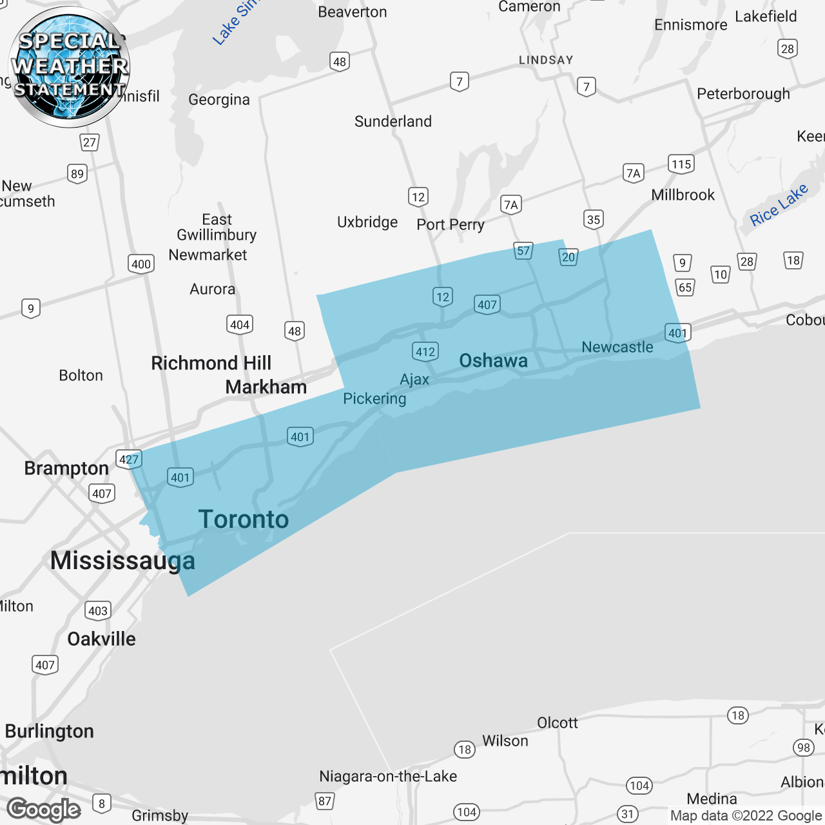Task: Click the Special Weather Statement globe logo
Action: click(x=69, y=66)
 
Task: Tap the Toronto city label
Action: click(x=244, y=519)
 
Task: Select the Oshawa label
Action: click(x=493, y=361)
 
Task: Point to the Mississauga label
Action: click(x=122, y=561)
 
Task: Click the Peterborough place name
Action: click(x=743, y=94)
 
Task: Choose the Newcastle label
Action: click(x=617, y=347)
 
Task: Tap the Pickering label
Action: click(x=374, y=399)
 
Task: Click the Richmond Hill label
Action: click(x=211, y=364)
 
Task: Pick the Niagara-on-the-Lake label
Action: click(x=388, y=777)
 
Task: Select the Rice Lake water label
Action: click(x=779, y=205)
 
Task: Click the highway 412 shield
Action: click(x=425, y=352)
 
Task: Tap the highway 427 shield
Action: click(x=129, y=460)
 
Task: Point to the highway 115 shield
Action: click(x=681, y=164)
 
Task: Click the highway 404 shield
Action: click(x=240, y=325)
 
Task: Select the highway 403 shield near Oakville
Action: click(x=98, y=611)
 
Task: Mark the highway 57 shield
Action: click(x=523, y=251)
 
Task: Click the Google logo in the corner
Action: click(x=44, y=810)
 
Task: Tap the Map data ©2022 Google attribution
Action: click(x=746, y=816)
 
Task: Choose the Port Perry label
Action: click(x=450, y=225)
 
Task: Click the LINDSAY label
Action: click(x=546, y=61)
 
